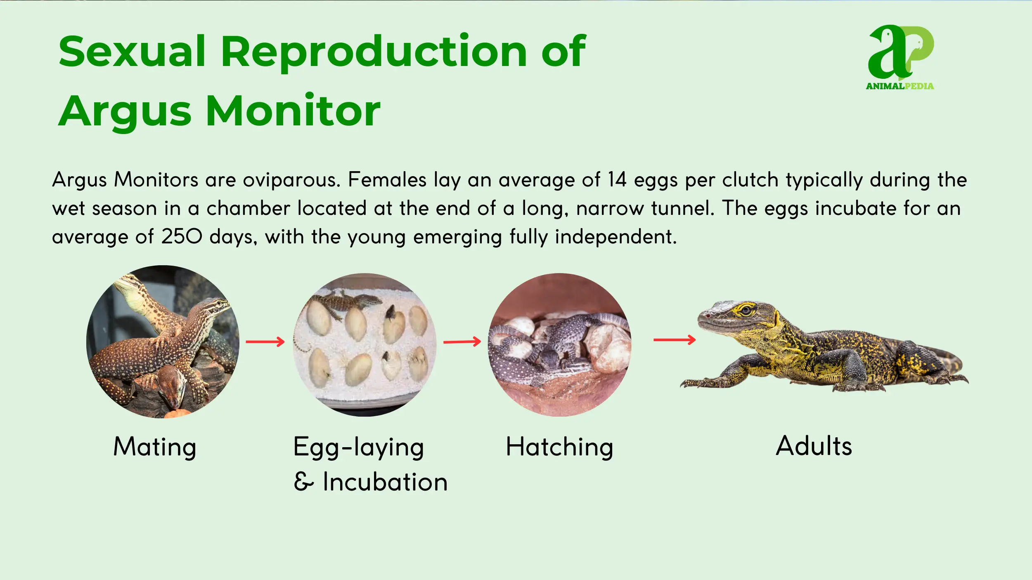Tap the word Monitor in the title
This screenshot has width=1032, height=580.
tap(293, 111)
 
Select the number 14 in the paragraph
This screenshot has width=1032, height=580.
tap(617, 180)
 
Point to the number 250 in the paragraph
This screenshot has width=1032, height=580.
tap(182, 237)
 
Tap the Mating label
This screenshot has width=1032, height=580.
tap(155, 447)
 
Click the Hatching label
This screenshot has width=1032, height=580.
tap(560, 447)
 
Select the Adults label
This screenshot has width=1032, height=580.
tap(814, 446)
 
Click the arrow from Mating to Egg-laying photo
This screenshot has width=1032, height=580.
tap(265, 342)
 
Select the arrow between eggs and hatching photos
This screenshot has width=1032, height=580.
tap(462, 342)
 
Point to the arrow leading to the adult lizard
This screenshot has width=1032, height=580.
tap(675, 340)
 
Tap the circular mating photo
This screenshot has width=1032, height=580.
tap(163, 342)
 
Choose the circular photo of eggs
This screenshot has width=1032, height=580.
tap(365, 344)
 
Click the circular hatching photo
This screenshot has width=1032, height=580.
tap(560, 344)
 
